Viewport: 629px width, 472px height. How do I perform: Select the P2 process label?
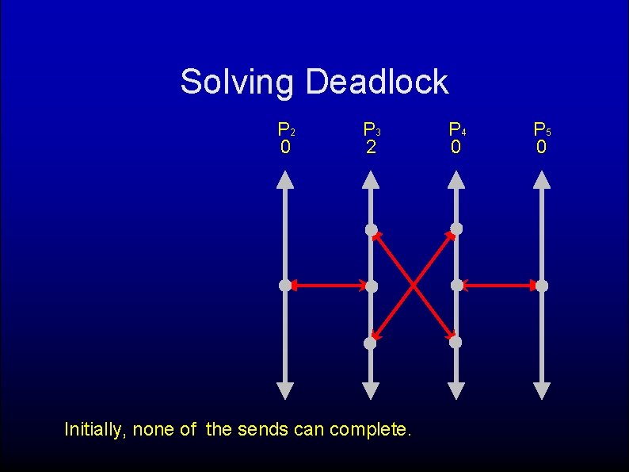pos(286,129)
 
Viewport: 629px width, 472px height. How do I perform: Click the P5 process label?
pos(542,129)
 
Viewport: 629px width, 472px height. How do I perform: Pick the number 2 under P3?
pos(370,148)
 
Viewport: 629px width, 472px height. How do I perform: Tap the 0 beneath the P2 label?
pos(285,148)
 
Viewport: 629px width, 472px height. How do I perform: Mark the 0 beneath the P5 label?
pos(541,148)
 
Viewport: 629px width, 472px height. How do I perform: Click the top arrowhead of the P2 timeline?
pos(285,180)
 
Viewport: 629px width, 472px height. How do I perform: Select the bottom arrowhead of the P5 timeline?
pos(542,390)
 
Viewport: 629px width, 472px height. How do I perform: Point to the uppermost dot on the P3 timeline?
pos(371,229)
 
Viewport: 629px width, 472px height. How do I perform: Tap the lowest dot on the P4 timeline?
pos(456,343)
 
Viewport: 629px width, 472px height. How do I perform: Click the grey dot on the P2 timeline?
pos(285,286)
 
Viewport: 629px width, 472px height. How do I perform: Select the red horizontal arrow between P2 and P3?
pos(328,286)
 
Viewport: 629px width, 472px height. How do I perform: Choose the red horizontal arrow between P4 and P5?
pos(499,286)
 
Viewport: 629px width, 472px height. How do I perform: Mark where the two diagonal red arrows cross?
pos(414,286)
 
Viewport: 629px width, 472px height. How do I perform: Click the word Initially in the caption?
pos(94,430)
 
